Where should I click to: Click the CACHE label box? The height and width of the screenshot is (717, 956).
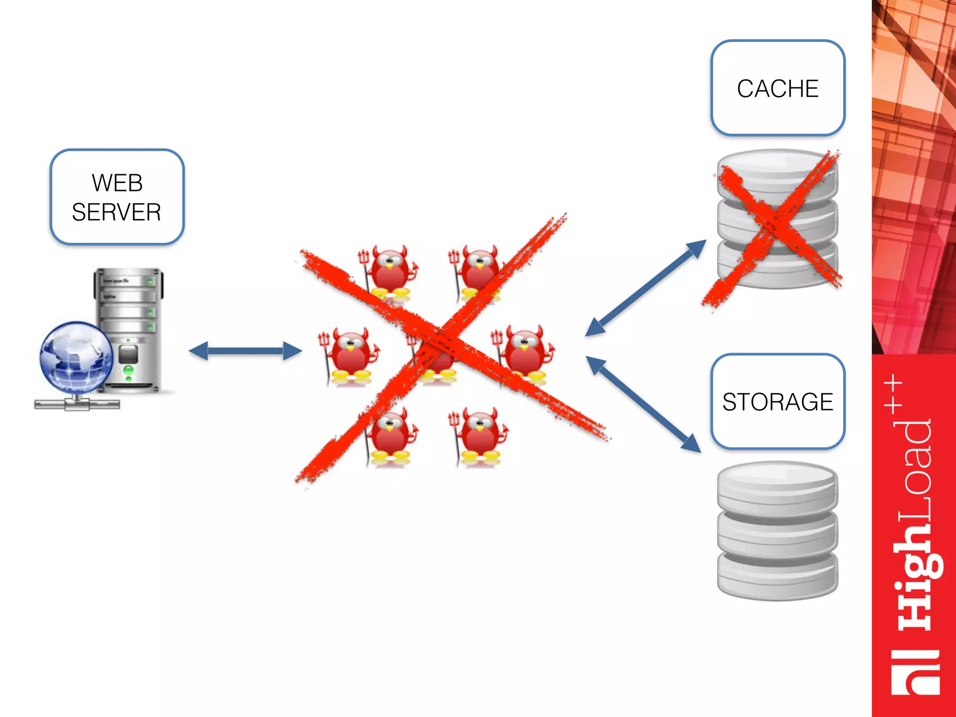point(778,88)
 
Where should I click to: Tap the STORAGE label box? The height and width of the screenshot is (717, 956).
point(778,401)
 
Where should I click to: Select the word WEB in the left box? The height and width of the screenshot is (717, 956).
point(117,183)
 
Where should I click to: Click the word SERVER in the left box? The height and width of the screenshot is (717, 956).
point(117,212)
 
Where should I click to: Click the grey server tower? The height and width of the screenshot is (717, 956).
point(129,327)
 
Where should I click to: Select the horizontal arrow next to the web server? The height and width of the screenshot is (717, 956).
point(245,351)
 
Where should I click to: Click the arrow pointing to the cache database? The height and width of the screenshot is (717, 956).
point(646,288)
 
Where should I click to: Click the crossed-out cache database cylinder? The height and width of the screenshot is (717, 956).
point(778,219)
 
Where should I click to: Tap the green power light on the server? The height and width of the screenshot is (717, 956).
point(128,370)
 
